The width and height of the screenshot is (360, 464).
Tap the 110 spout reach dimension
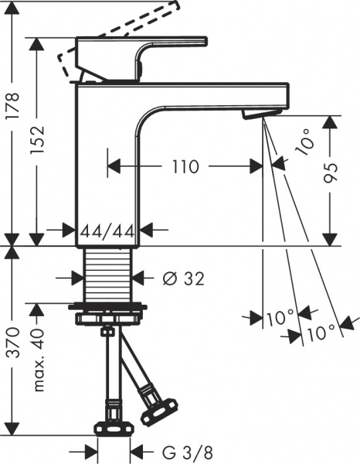click(x=183, y=166)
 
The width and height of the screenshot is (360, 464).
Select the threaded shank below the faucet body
click(x=110, y=275)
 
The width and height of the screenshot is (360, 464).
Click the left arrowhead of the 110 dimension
click(x=111, y=166)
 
